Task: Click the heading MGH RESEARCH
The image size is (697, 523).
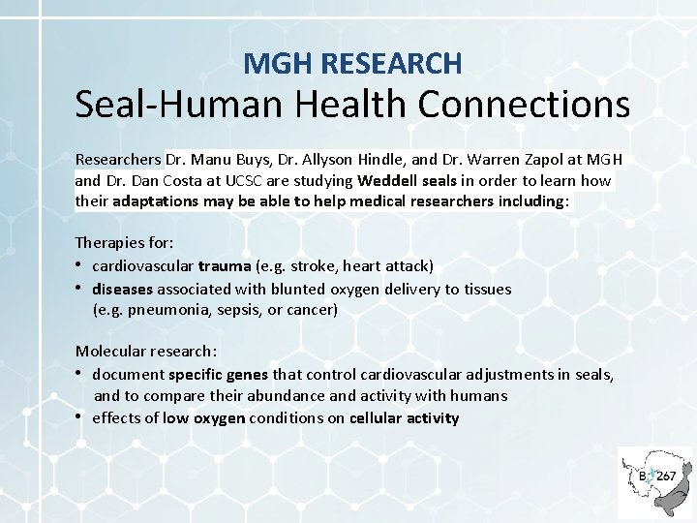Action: pyautogui.click(x=353, y=64)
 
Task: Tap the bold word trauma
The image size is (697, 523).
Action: pyautogui.click(x=224, y=266)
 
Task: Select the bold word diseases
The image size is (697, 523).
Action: pyautogui.click(x=123, y=289)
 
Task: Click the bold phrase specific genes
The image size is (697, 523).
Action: pyautogui.click(x=219, y=375)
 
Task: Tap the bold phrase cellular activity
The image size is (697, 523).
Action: pyautogui.click(x=404, y=418)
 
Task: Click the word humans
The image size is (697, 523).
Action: pyautogui.click(x=480, y=396)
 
